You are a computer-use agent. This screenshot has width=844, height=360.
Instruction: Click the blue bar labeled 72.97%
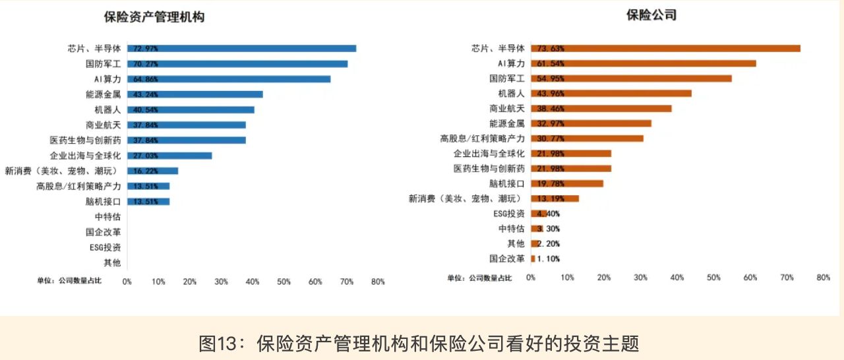point(241,48)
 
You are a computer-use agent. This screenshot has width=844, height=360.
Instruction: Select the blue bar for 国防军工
point(237,64)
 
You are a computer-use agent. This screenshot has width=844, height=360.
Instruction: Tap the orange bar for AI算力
point(643,63)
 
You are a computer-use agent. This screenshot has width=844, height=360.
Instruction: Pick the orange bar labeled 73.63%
point(665,48)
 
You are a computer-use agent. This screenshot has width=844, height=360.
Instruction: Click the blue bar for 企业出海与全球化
point(169,156)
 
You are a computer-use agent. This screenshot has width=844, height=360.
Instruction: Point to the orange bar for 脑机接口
point(567,183)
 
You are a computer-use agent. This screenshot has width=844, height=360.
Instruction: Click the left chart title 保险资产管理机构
point(154,18)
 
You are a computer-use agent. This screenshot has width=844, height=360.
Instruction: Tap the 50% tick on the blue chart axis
point(284,282)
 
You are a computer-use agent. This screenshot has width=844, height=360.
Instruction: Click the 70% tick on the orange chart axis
point(787,278)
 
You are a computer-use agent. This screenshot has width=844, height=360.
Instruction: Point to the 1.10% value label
point(547,259)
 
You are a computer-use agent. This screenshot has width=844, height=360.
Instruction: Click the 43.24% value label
point(146,94)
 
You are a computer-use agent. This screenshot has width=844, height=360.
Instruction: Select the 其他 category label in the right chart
point(516,244)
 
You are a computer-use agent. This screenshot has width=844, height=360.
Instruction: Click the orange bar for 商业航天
point(601,108)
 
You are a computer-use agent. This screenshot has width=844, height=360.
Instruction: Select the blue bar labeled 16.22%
point(152,171)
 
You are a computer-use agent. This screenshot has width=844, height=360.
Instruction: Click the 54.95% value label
point(551,78)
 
